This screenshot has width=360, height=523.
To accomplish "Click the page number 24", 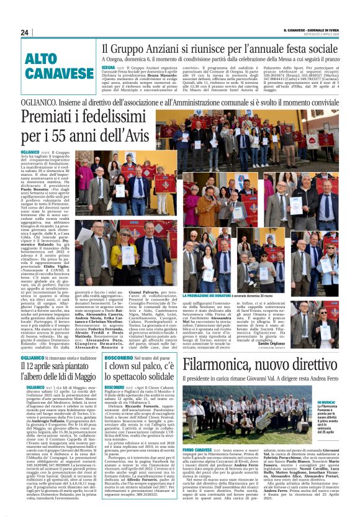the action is pyautogui.click(x=25, y=32).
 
